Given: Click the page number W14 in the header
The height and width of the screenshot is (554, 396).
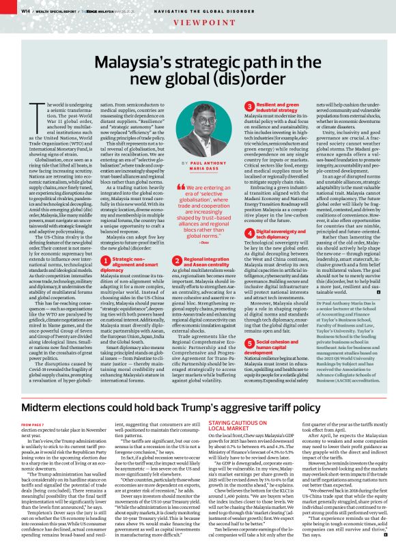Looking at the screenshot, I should pyautogui.click(x=25, y=10).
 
